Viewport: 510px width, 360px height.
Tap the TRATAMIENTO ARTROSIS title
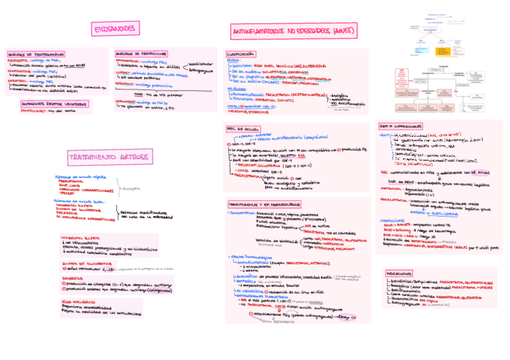pyautogui.click(x=108, y=157)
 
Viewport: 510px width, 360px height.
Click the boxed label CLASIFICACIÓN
pyautogui.click(x=240, y=53)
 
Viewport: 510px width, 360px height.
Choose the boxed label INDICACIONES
pyautogui.click(x=399, y=273)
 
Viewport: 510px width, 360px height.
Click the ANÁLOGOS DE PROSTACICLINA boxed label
pyautogui.click(x=140, y=53)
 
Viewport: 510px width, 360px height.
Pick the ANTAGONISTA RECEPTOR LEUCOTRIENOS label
pyautogui.click(x=54, y=103)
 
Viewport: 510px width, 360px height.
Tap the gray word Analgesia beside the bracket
pyautogui.click(x=131, y=188)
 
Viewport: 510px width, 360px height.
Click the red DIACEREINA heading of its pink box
pyautogui.click(x=72, y=278)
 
